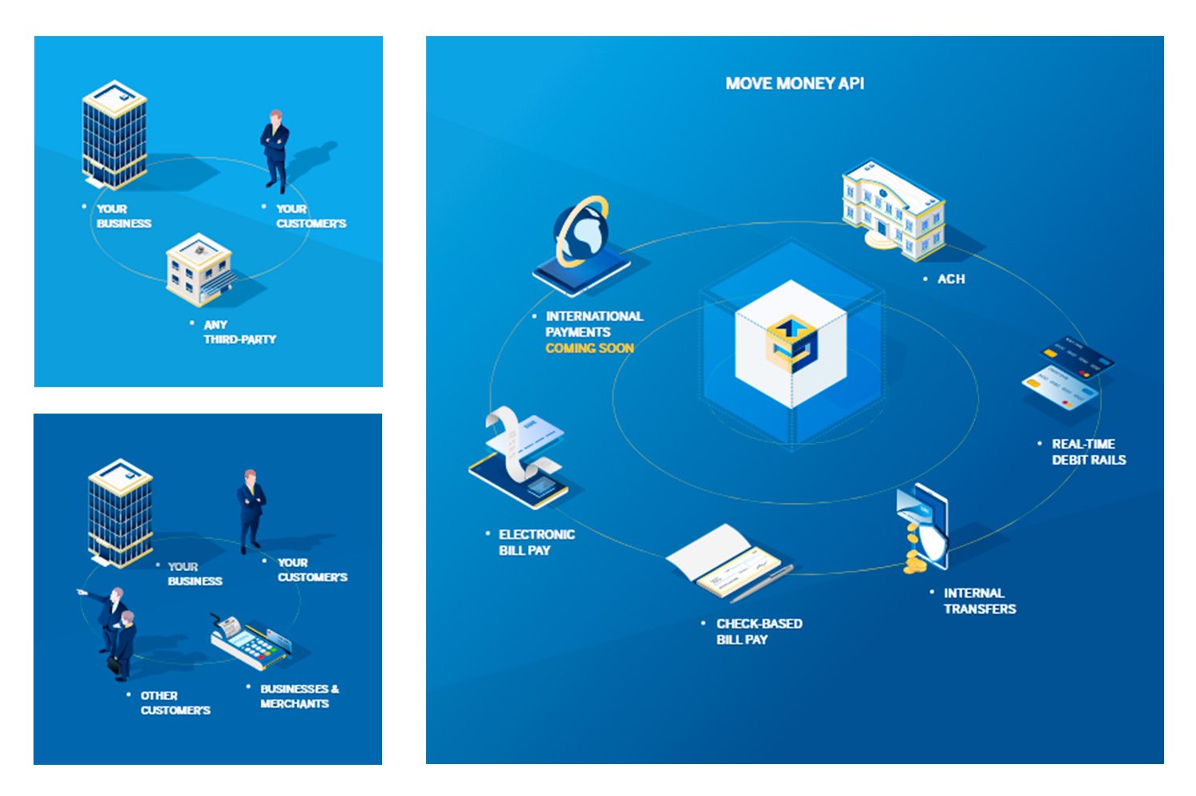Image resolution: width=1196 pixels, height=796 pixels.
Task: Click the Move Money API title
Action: (795, 83)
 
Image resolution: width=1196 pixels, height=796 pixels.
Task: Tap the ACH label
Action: (950, 279)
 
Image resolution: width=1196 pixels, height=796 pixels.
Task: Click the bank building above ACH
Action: (893, 209)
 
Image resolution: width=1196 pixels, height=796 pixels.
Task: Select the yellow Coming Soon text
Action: (590, 348)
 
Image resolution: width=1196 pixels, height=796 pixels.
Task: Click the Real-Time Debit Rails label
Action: (1088, 452)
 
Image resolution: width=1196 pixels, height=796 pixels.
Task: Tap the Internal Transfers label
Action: (979, 600)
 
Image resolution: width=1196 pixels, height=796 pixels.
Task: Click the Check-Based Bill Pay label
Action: (759, 632)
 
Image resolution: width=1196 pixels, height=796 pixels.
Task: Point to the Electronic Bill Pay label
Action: (536, 542)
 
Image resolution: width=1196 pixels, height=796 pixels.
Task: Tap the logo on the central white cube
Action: (791, 344)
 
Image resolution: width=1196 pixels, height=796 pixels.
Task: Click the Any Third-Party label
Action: (239, 332)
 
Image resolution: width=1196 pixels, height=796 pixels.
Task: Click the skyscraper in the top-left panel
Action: (115, 134)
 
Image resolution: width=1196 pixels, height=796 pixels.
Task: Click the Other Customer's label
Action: (175, 703)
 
